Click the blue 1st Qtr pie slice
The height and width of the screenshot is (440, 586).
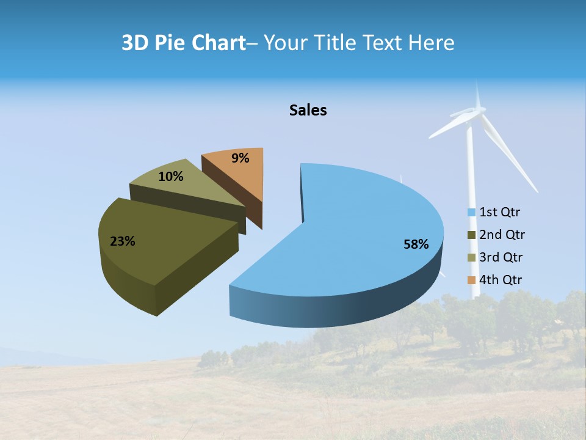click(x=360, y=220)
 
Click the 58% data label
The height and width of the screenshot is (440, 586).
click(x=416, y=244)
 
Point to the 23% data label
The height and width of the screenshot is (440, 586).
click(x=123, y=241)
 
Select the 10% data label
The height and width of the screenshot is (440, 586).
click(x=171, y=177)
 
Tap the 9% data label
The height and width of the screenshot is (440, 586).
click(x=241, y=158)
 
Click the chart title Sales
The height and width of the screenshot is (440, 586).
click(x=308, y=110)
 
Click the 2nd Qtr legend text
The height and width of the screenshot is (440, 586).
click(x=502, y=235)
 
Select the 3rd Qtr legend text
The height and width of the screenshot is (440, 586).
click(x=502, y=257)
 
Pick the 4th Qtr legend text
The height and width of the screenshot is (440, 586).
click(x=501, y=280)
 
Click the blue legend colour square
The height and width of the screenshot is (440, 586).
click(x=471, y=213)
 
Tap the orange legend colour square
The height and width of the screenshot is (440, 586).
click(x=471, y=280)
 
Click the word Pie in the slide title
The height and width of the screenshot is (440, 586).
click(x=172, y=43)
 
